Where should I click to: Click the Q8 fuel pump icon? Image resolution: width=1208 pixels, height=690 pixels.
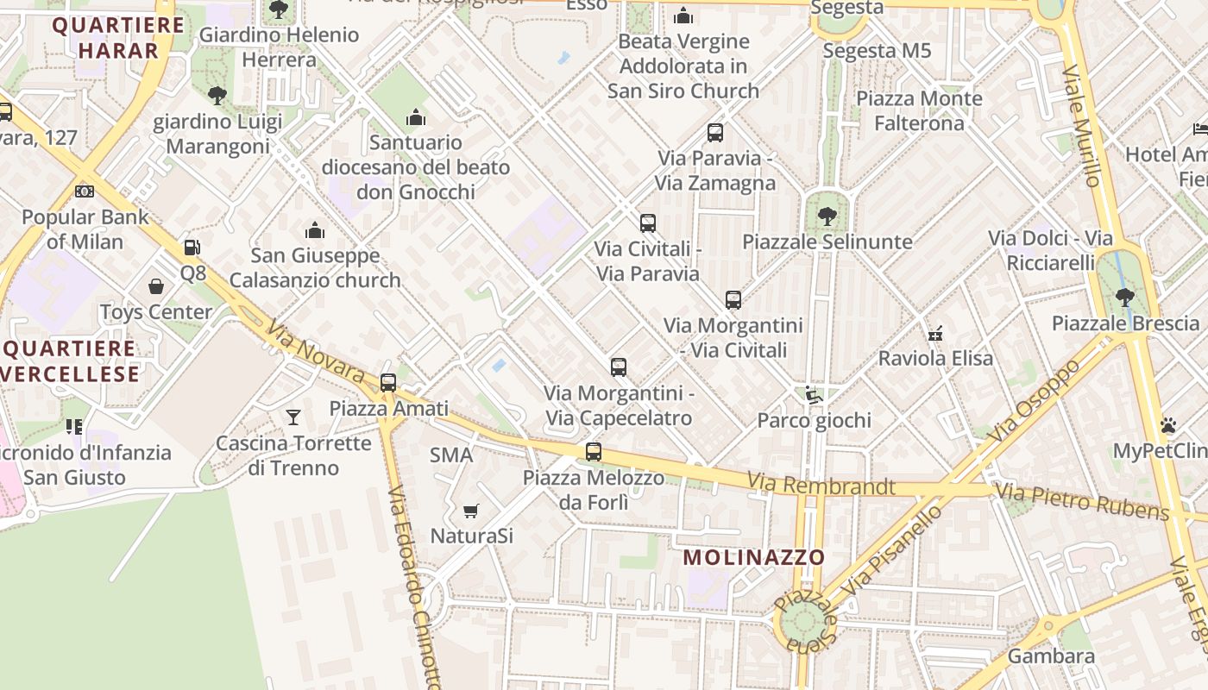coord(192,248)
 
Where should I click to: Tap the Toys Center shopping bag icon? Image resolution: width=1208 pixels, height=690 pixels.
coord(156,285)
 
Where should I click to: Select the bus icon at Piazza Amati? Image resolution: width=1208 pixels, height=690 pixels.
coord(388,382)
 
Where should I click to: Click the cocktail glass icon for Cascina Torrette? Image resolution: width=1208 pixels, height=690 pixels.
coord(293,417)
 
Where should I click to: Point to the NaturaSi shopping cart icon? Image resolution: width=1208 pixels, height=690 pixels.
coord(470,511)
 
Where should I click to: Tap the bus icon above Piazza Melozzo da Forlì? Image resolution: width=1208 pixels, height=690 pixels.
coord(593,451)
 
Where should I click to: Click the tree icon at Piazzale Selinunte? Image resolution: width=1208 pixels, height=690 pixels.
coord(827,216)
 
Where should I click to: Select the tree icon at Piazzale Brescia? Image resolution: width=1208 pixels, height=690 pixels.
coord(1124,298)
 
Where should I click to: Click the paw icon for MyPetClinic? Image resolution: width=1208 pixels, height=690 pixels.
coord(1168,425)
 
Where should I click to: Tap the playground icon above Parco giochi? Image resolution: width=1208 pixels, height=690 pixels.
coord(813,395)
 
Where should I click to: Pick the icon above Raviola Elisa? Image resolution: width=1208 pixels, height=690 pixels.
coord(935,333)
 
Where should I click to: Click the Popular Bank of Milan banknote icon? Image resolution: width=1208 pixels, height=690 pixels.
coord(85,191)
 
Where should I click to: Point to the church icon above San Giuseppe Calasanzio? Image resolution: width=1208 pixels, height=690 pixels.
coord(315,230)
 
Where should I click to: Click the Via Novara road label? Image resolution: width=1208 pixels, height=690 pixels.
coord(316,353)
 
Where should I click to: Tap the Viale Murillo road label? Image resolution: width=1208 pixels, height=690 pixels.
coord(1082,126)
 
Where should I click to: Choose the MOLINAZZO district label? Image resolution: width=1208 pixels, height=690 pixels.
coord(754,557)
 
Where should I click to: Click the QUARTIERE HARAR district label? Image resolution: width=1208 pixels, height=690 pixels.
coord(117,37)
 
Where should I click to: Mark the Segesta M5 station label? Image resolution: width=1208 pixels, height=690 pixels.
coord(877,51)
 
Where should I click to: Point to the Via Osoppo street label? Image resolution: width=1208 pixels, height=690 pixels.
coord(1036,402)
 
